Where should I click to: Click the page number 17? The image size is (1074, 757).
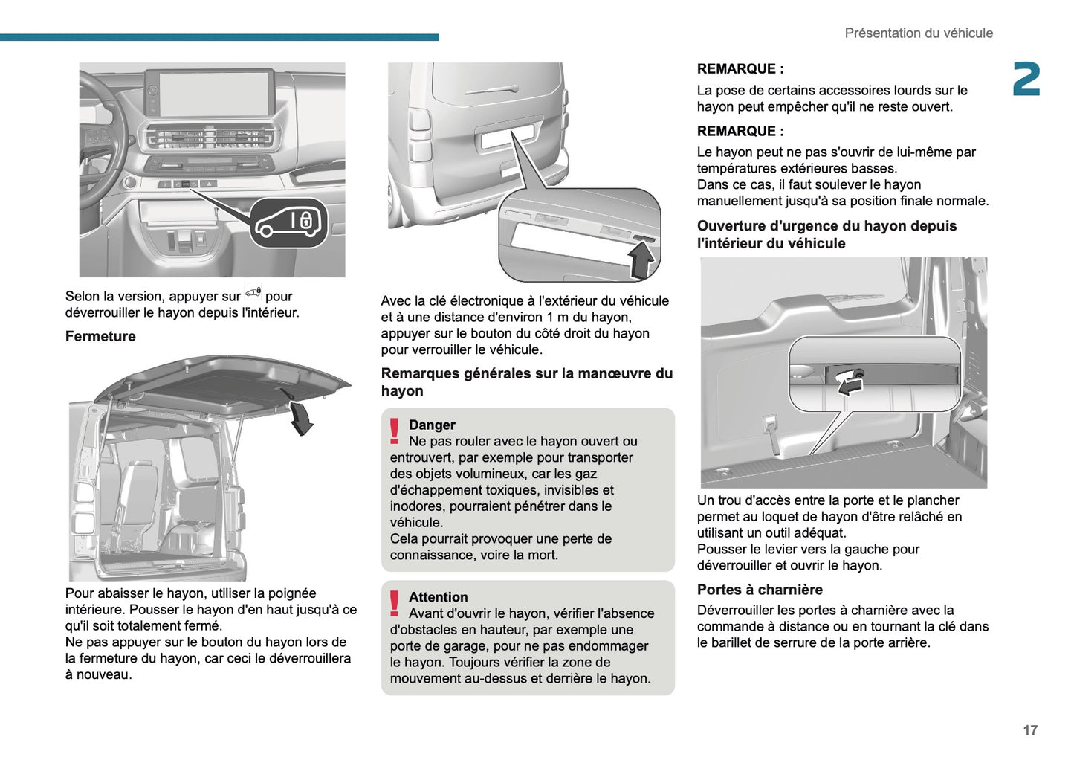1029,730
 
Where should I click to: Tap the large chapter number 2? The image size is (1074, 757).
1026,80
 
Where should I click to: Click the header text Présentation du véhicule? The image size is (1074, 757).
918,33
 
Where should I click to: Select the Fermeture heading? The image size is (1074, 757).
100,336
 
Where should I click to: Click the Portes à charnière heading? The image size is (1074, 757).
759,590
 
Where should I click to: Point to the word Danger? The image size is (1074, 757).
432,425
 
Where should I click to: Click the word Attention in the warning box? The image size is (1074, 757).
438,597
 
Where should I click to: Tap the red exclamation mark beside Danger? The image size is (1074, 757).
395,431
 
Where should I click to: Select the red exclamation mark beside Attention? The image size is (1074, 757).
395,603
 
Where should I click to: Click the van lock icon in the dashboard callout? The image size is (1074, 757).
288,222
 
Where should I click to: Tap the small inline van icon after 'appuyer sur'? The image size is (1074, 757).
253,291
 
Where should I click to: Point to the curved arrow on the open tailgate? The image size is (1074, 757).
300,416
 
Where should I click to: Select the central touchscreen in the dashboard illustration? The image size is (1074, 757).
210,93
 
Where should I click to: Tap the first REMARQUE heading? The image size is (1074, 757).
740,69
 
